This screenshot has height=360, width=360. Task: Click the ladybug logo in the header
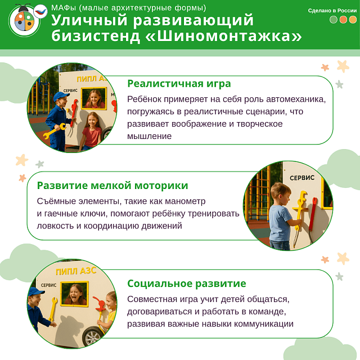[x=24, y=22]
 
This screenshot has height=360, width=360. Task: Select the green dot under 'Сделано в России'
[x=334, y=20]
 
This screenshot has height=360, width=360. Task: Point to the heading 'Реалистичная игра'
[x=179, y=84]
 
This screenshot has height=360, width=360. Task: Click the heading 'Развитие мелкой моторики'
[x=112, y=186]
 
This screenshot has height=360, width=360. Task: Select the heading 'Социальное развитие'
[x=187, y=283]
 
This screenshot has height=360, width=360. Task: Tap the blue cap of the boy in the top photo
[x=61, y=97]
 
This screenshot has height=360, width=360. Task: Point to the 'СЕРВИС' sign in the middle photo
[x=306, y=177]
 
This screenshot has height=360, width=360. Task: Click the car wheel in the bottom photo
[x=92, y=336]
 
